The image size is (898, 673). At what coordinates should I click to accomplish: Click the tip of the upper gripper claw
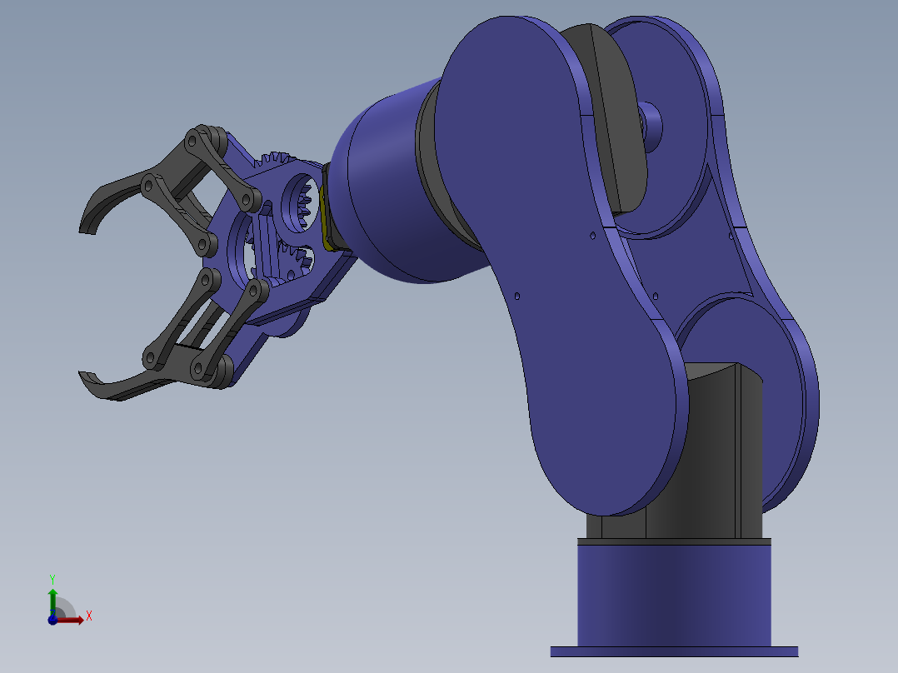pyautogui.click(x=84, y=228)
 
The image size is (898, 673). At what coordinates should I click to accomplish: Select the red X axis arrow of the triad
pyautogui.click(x=73, y=619)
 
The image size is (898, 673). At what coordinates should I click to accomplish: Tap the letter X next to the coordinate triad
pyautogui.click(x=88, y=616)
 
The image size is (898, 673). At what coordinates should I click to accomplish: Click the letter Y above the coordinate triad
pyautogui.click(x=52, y=578)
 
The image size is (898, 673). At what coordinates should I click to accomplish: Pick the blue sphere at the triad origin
pyautogui.click(x=52, y=619)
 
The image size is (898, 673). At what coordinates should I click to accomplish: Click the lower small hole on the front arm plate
pyautogui.click(x=517, y=295)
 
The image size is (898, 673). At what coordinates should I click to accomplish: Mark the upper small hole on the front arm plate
pyautogui.click(x=592, y=236)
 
